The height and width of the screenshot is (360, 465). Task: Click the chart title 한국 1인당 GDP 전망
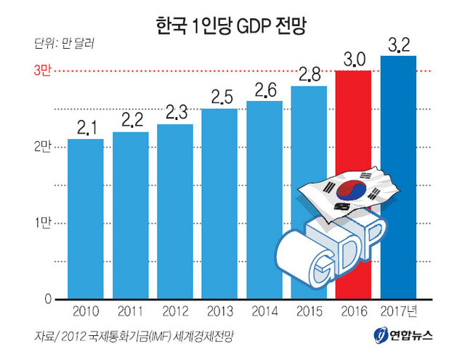pyautogui.click(x=232, y=28)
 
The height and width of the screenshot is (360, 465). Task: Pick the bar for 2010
pyautogui.click(x=86, y=218)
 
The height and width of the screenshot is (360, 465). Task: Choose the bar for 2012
pyautogui.click(x=175, y=211)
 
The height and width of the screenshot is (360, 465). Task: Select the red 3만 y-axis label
pyautogui.click(x=41, y=71)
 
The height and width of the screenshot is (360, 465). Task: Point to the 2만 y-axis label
pyautogui.click(x=41, y=147)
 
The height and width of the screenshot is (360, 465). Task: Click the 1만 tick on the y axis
pyautogui.click(x=41, y=223)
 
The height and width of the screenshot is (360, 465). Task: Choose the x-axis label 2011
pyautogui.click(x=131, y=311)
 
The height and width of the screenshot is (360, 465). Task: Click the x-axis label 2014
pyautogui.click(x=264, y=311)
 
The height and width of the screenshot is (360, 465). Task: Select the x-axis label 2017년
pyautogui.click(x=400, y=311)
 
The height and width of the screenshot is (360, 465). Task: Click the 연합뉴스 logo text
pyautogui.click(x=410, y=336)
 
